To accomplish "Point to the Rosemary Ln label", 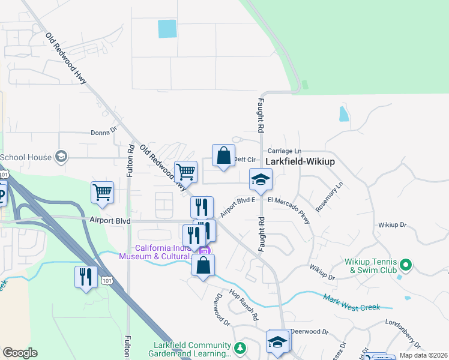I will (331, 196).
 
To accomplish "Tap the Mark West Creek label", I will (352, 303).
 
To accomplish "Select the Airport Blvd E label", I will (238, 206).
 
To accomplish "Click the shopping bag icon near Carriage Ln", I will (223, 156).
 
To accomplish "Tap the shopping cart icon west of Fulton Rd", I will (103, 193).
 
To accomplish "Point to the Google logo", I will (20, 353).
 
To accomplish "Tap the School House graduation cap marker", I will (61, 157).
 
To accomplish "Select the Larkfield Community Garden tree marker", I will (240, 348).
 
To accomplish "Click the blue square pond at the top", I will (167, 28).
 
